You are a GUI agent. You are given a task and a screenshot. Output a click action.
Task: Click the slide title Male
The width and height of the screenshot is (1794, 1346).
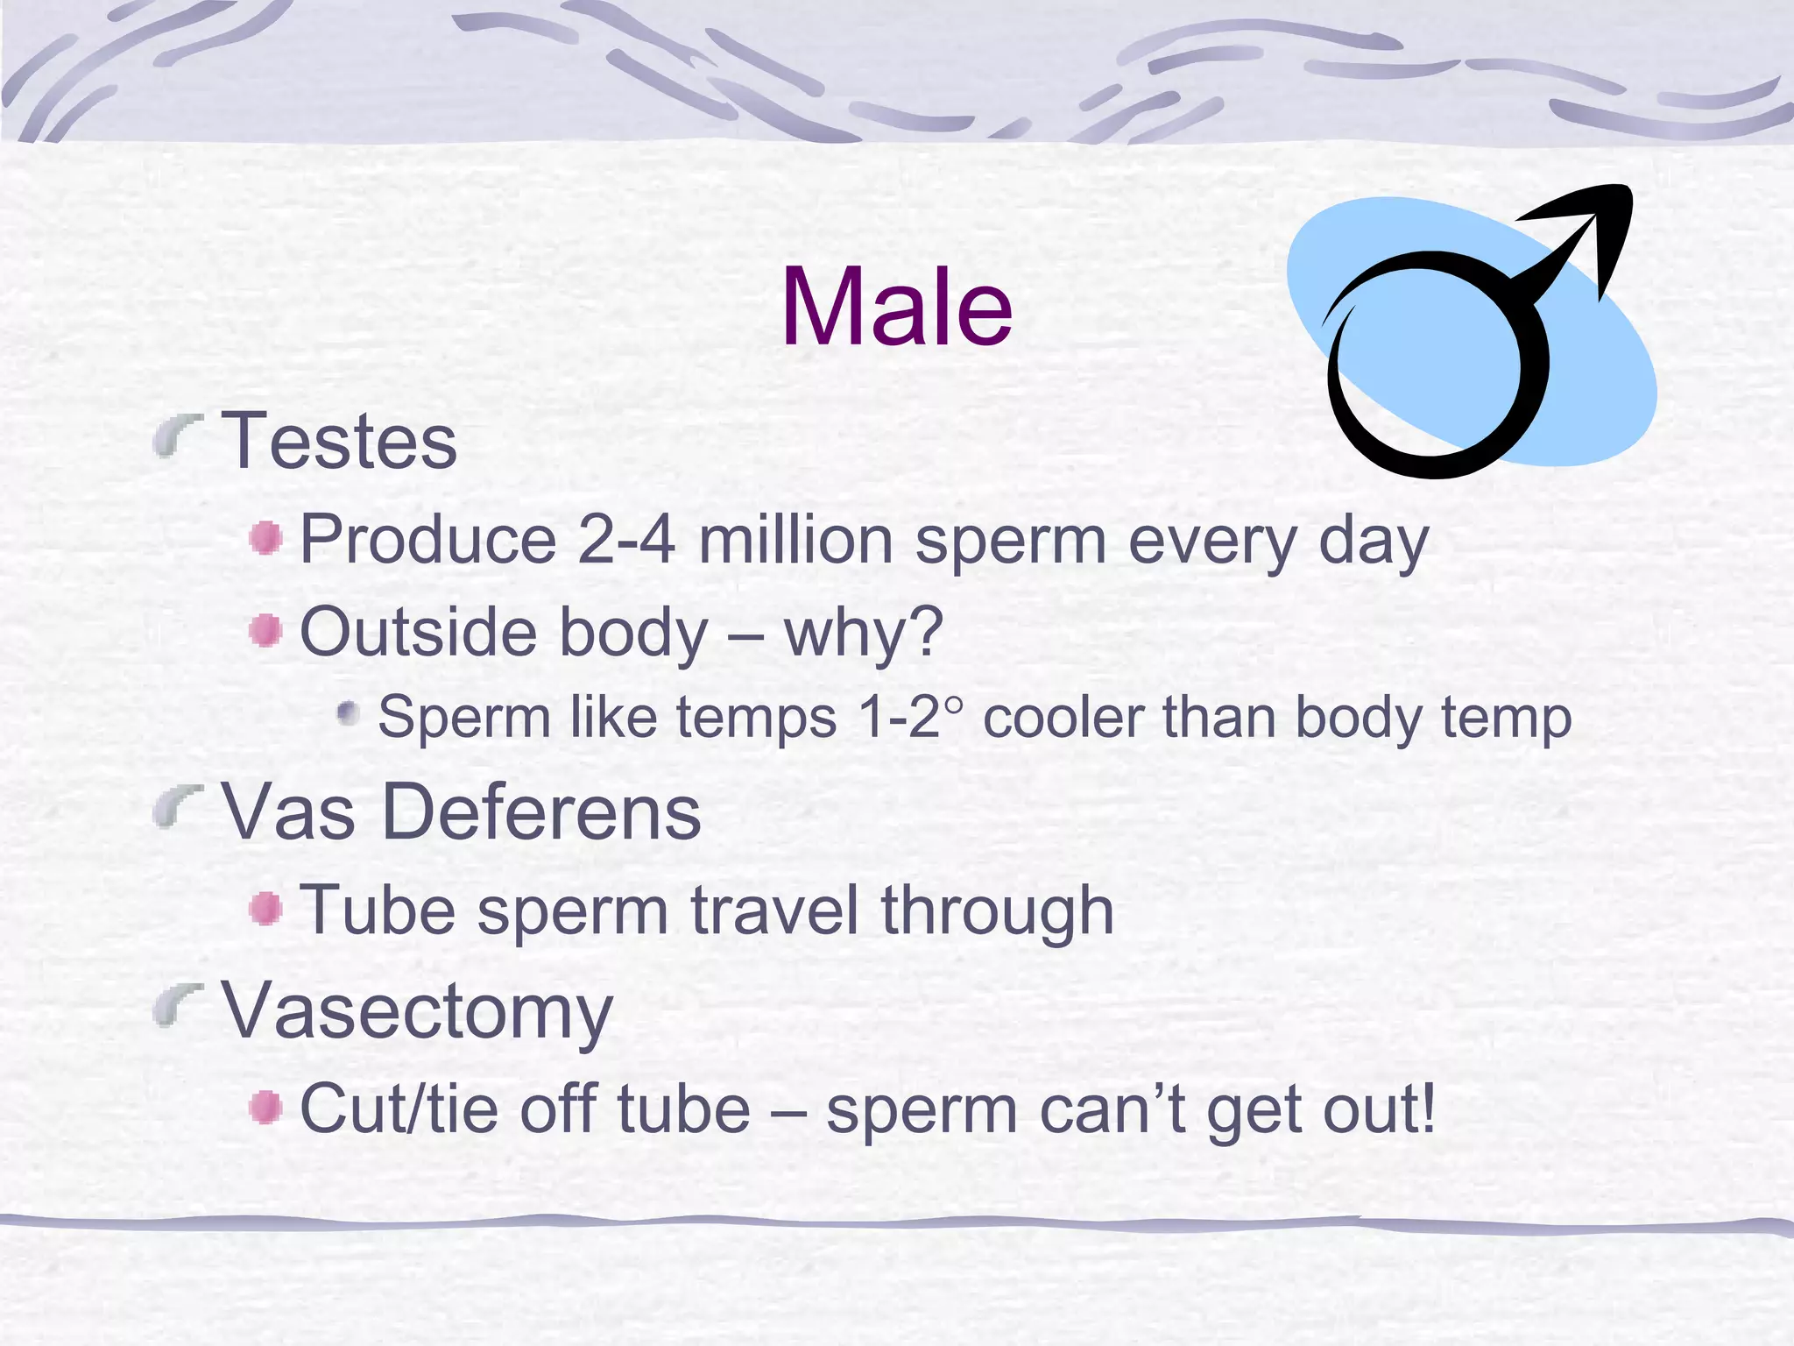[x=896, y=307]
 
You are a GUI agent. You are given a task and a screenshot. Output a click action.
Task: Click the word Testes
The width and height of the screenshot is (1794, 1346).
[x=339, y=441]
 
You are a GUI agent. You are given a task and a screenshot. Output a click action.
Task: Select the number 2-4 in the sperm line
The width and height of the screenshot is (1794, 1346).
[x=626, y=540]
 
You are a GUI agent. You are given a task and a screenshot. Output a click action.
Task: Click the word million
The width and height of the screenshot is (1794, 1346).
[x=795, y=540]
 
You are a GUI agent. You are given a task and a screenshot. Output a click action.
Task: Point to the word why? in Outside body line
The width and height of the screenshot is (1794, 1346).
[x=864, y=633]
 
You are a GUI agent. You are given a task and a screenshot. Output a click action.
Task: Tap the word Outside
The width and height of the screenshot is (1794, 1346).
[x=416, y=631]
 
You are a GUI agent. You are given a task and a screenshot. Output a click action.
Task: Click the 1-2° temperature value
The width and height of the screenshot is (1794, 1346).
[x=909, y=718]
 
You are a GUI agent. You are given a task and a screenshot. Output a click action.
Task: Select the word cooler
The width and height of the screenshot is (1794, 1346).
[x=1063, y=718]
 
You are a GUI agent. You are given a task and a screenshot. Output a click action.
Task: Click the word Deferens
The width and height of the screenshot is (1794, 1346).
[x=541, y=811]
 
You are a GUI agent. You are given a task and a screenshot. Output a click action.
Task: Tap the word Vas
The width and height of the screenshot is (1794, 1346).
[x=288, y=811]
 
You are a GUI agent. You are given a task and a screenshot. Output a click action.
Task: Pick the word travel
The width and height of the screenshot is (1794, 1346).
[x=774, y=910]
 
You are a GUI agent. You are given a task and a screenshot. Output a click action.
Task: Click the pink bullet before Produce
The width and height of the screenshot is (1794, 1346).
[x=265, y=538]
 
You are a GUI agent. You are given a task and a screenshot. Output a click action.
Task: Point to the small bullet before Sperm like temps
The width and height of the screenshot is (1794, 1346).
[x=349, y=713]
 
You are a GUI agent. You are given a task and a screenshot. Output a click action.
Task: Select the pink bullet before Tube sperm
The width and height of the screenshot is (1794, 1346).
[x=265, y=909]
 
